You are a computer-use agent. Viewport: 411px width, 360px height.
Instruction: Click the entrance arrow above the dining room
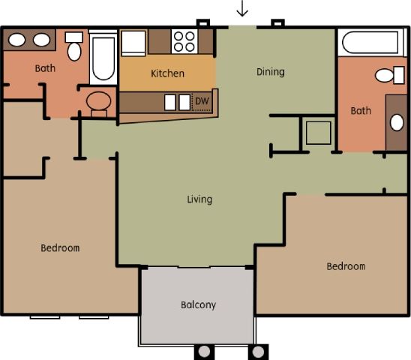(242, 9)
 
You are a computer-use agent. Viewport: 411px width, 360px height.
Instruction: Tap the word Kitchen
(167, 73)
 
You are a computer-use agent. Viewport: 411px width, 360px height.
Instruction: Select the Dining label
(270, 72)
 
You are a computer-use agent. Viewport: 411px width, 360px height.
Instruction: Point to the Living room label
(199, 199)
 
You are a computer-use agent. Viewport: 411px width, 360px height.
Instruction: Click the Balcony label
(198, 304)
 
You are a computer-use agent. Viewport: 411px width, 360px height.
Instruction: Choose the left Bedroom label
(60, 247)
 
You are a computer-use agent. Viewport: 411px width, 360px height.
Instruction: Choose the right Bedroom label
(346, 266)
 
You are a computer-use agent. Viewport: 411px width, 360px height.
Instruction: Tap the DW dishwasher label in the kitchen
(201, 101)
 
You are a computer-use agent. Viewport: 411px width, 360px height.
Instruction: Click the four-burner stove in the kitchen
(184, 40)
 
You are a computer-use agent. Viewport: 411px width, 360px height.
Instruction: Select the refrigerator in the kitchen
(133, 42)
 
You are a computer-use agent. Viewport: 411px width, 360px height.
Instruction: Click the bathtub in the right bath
(371, 43)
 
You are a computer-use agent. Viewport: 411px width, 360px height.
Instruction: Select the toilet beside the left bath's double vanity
(74, 47)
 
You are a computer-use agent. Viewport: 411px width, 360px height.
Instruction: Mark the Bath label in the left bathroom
(45, 68)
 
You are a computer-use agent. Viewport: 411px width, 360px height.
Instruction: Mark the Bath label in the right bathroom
(361, 111)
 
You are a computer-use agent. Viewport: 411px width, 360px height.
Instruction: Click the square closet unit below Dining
(316, 133)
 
